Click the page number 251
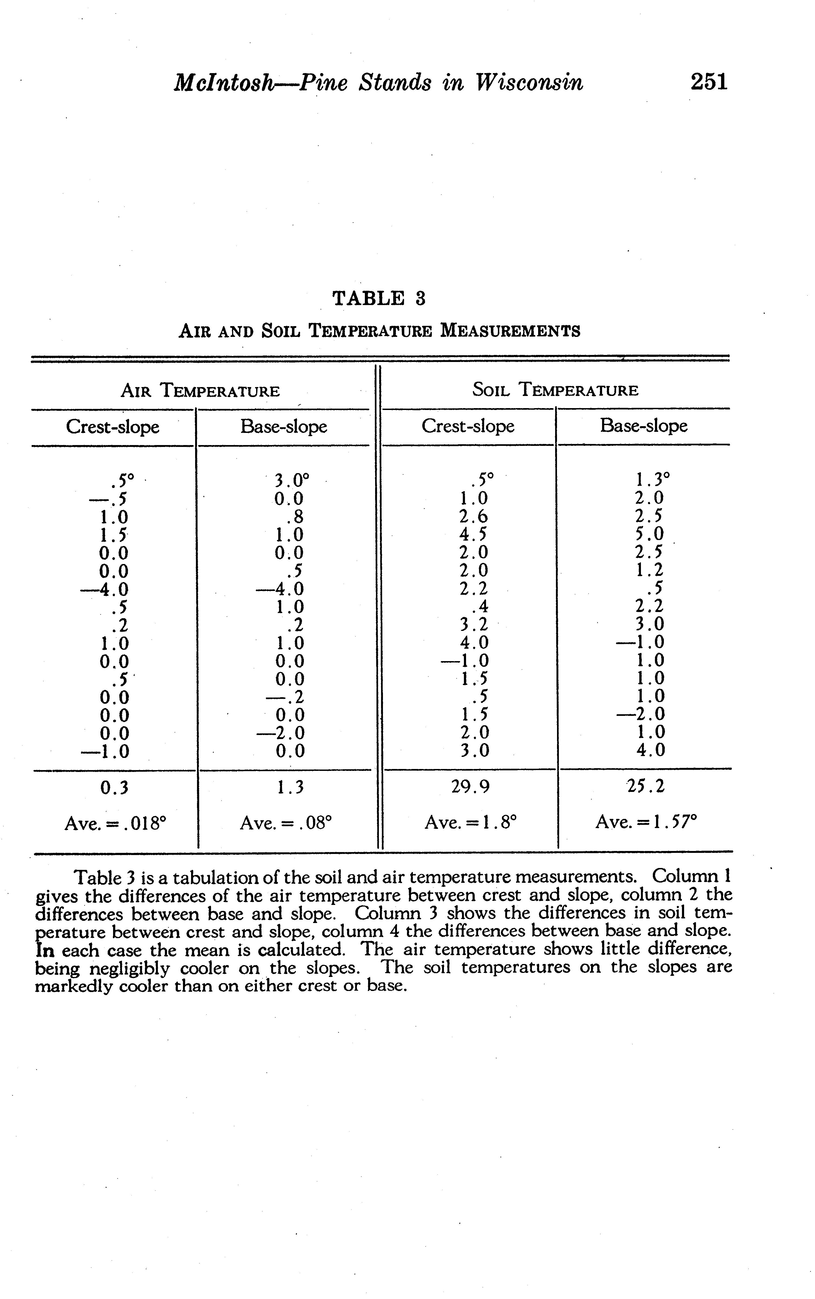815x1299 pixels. coord(709,82)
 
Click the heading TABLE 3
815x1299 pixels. coord(379,298)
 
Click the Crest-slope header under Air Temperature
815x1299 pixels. coord(113,427)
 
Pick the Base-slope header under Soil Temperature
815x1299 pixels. coord(644,426)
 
